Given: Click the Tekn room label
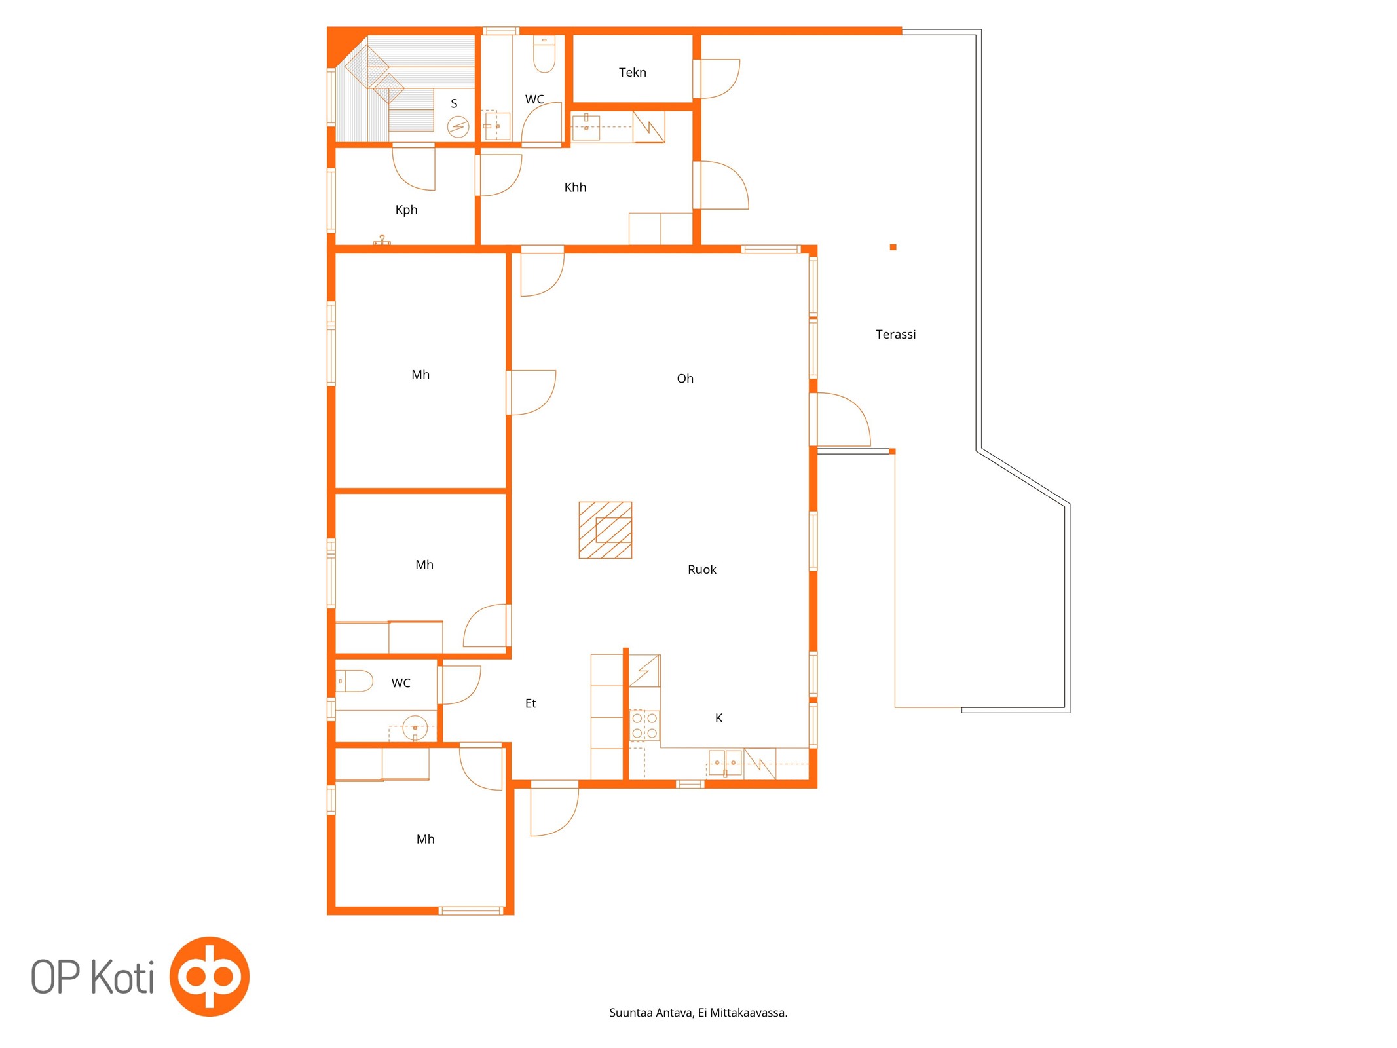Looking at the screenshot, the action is pos(632,72).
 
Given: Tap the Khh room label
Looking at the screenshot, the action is pos(575,187).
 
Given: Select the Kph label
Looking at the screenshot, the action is pos(406,210).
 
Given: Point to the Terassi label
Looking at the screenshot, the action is pos(895,334).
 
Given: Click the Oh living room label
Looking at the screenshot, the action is pos(684,378).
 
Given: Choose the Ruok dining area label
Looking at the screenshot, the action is pos(701,569).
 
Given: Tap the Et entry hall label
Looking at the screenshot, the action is pos(531,703).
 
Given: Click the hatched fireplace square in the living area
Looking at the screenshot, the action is pos(605,530).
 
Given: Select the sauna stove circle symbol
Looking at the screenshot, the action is pos(458,126).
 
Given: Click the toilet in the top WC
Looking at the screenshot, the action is pos(544,53).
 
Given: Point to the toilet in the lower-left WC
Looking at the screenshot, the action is pos(354,681).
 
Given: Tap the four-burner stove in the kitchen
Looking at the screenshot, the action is pos(644,725).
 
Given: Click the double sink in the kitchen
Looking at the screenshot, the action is pos(725,763).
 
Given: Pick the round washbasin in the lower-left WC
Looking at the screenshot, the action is pos(415,727).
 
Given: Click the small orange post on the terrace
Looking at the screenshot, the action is pos(893,247).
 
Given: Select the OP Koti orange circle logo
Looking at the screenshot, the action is pos(210,976).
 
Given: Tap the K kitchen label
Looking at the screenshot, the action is pos(718,718).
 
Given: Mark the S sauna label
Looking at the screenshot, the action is pos(454,103).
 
